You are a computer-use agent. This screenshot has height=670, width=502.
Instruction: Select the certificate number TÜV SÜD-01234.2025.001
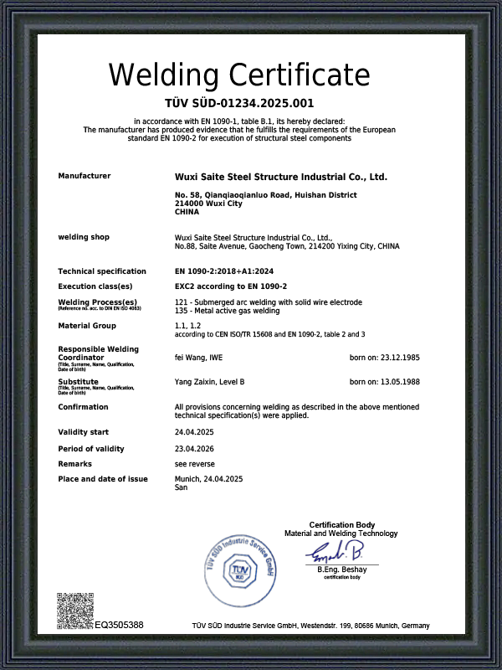tap(239, 104)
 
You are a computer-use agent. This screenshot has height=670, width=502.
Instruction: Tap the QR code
tap(74, 611)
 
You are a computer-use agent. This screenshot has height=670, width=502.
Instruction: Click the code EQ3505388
tap(120, 626)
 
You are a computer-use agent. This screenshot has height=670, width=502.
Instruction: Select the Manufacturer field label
tap(84, 176)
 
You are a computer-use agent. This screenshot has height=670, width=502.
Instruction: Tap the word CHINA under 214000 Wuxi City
tap(187, 213)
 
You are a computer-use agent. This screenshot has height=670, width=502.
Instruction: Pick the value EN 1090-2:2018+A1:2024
tap(224, 271)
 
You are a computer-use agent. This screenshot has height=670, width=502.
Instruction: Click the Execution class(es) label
tap(95, 286)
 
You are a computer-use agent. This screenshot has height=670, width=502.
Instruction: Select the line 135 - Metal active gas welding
tap(227, 311)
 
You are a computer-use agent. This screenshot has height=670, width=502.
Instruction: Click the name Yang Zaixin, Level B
tap(209, 382)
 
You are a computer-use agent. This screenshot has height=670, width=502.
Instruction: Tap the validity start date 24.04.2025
tap(194, 432)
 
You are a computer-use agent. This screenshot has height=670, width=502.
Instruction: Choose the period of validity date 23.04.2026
tap(194, 450)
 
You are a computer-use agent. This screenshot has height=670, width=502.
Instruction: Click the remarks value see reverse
tap(193, 464)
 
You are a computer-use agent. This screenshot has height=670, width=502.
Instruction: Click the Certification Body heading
tap(341, 525)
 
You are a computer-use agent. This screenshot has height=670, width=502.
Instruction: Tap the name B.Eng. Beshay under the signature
tap(341, 570)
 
